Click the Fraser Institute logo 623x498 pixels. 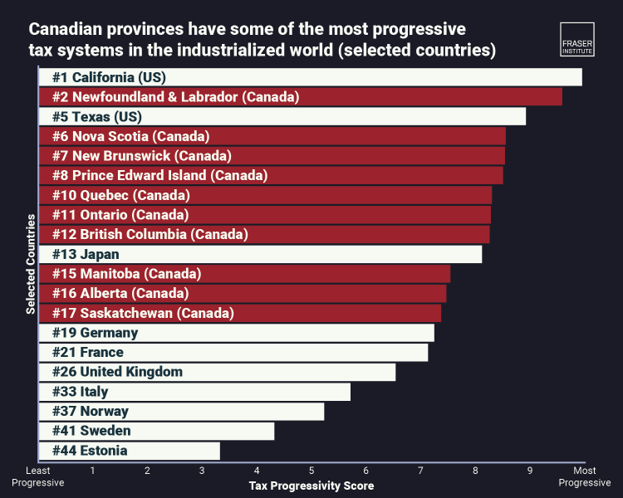[577, 37]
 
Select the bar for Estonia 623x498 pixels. [130, 451]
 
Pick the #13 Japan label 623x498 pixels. [86, 254]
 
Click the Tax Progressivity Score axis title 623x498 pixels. [311, 486]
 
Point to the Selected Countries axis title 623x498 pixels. [30, 265]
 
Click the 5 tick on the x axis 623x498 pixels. [311, 471]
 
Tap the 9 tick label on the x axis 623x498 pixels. [530, 471]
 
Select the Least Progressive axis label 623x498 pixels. [37, 476]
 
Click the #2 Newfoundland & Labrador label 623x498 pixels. [175, 97]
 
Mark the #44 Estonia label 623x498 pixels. [90, 451]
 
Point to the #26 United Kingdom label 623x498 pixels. [117, 372]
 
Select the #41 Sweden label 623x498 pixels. [91, 431]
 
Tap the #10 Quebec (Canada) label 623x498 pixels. [121, 195]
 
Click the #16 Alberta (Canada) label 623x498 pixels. [120, 293]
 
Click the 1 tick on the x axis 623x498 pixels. [92, 471]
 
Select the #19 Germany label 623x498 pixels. [95, 333]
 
